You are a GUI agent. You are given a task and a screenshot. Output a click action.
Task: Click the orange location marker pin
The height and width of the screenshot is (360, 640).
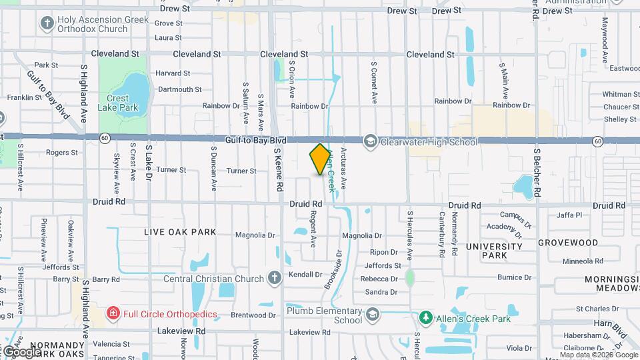coord(320,159)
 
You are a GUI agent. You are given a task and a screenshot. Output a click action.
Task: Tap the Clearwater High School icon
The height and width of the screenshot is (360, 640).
coord(371,141)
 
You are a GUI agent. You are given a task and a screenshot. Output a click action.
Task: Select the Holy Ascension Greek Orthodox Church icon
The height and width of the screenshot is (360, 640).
coord(47,24)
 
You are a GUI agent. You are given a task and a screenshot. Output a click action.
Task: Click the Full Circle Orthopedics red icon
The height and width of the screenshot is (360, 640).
coord(113,313)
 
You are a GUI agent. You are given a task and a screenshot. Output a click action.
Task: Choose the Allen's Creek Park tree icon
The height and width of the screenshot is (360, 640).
coord(425,315)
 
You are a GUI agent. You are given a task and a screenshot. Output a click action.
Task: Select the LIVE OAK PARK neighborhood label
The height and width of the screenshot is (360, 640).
coord(181,232)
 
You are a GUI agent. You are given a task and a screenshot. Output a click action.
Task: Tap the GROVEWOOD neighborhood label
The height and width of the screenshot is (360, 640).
coord(568,243)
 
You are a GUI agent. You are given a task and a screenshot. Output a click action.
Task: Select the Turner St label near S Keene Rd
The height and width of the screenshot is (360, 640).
coord(241,171)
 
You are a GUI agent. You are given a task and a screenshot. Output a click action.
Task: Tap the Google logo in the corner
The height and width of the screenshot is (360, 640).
coord(22,351)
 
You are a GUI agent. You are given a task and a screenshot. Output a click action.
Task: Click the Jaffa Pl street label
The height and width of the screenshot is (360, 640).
coord(569,215)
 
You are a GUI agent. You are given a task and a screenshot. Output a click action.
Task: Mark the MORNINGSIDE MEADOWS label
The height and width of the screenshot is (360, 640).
coord(612,283)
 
